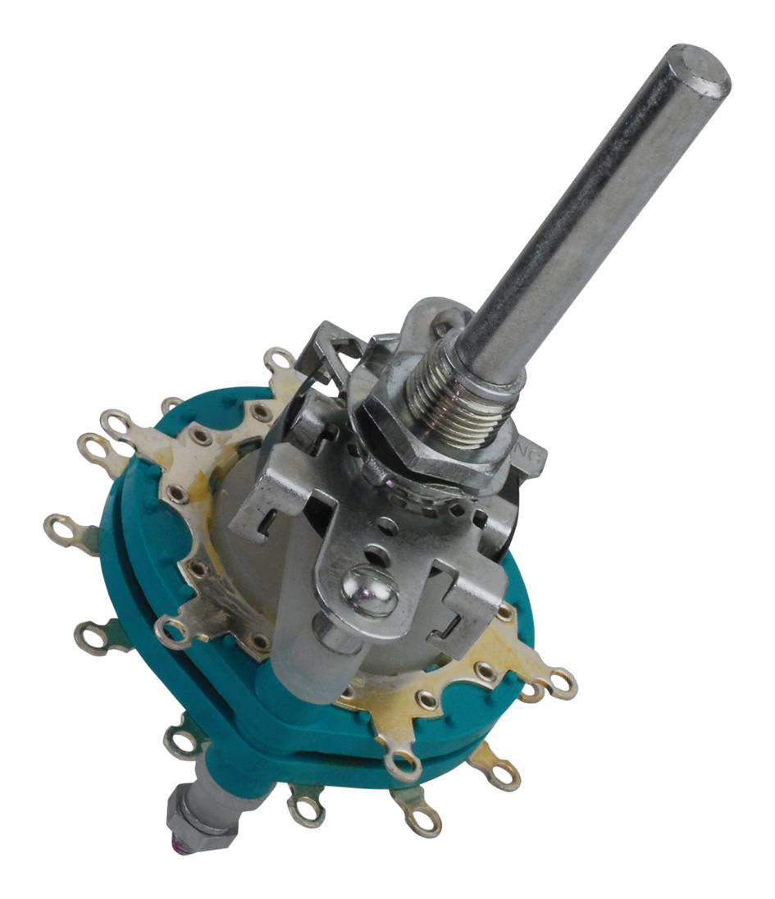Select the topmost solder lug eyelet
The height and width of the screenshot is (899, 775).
coord(279,359)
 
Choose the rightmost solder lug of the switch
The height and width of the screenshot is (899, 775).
coord(562,682)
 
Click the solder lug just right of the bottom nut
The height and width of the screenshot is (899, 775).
coord(307,807)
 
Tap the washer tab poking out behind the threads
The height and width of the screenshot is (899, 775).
coord(426,316)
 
